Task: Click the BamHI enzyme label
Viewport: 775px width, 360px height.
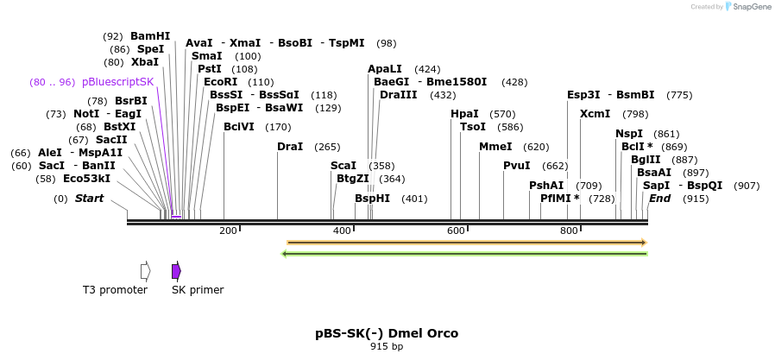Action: [150, 36]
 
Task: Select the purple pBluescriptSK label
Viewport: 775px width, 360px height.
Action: [117, 82]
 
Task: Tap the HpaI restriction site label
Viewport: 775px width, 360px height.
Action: [464, 114]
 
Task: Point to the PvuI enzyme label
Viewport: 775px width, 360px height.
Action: [516, 166]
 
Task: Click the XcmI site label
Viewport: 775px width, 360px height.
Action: [595, 114]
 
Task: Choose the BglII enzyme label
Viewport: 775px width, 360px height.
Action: [646, 160]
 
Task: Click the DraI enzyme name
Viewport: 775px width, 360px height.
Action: [290, 147]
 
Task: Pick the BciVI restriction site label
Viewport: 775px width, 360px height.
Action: [239, 127]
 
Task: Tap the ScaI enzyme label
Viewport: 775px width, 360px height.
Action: [343, 166]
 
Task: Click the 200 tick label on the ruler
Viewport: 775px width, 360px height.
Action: [228, 231]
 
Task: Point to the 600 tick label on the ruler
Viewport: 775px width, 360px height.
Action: [456, 231]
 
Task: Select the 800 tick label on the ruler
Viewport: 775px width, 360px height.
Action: [569, 231]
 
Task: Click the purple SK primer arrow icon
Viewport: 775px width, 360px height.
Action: [176, 271]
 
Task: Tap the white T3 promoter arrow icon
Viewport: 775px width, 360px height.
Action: [145, 271]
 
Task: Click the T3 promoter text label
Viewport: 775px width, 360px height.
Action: [115, 290]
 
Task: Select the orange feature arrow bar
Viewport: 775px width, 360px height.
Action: [466, 243]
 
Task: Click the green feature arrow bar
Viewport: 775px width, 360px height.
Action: [466, 253]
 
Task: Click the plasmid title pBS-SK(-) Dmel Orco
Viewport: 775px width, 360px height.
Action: [387, 333]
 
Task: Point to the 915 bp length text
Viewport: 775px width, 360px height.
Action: [387, 346]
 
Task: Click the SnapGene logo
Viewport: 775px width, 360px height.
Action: [749, 7]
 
